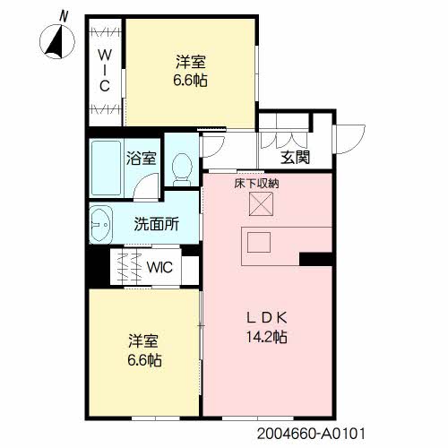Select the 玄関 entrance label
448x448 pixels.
click(x=295, y=159)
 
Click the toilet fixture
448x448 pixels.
click(x=182, y=167)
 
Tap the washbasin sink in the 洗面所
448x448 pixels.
click(x=100, y=223)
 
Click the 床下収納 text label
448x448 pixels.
click(x=257, y=184)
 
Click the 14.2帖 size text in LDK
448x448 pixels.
click(x=268, y=337)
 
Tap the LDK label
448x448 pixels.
click(x=268, y=317)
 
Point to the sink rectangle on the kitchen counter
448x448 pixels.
click(x=260, y=242)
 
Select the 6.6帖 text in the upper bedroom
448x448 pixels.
click(x=191, y=79)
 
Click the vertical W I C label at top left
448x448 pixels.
click(x=104, y=70)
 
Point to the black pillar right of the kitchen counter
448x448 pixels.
click(x=315, y=260)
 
